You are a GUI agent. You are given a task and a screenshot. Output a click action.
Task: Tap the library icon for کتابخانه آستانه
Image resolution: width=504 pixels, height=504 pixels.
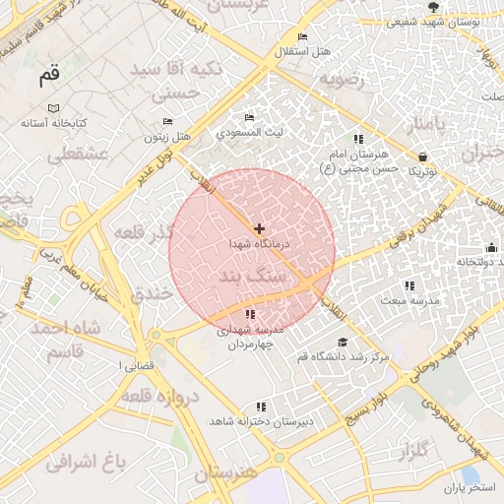54,107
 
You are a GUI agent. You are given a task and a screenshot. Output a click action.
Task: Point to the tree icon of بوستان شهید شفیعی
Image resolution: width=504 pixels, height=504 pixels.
433,8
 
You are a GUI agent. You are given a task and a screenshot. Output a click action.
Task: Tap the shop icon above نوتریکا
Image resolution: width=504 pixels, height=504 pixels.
422,157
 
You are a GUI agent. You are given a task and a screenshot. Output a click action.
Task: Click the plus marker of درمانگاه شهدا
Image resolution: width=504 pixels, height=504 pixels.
259,228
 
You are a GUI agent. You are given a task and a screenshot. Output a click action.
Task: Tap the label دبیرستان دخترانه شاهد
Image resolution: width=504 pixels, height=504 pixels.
261,420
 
